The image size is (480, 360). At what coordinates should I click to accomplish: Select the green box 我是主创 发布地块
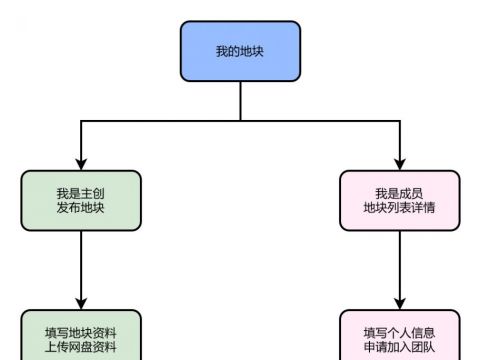(81, 200)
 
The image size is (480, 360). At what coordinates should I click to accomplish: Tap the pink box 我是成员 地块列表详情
(399, 200)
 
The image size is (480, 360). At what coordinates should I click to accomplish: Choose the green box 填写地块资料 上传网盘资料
(81, 337)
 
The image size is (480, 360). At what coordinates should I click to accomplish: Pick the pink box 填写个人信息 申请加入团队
(399, 337)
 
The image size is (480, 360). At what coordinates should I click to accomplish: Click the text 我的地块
(240, 51)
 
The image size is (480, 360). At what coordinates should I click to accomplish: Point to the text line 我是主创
(81, 193)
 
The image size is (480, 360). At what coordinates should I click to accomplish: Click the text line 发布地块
(81, 208)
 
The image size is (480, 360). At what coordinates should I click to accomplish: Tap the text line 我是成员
(399, 193)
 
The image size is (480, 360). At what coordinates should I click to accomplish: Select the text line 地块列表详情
(399, 208)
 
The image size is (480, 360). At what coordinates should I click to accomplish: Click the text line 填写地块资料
(81, 332)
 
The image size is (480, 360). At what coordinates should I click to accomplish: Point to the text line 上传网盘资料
(81, 347)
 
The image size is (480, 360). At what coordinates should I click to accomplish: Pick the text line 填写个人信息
(399, 332)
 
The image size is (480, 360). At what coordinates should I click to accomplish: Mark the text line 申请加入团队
(399, 347)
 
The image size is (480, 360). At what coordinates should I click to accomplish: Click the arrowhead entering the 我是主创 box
(81, 164)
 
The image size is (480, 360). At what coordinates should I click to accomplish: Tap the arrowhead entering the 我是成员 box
(399, 164)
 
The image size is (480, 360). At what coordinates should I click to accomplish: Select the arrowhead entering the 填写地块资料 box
(81, 304)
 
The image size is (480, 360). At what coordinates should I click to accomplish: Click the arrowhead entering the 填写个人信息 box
(399, 304)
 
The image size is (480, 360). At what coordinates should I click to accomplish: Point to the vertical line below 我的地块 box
(240, 101)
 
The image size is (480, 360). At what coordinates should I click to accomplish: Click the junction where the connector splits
(240, 121)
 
